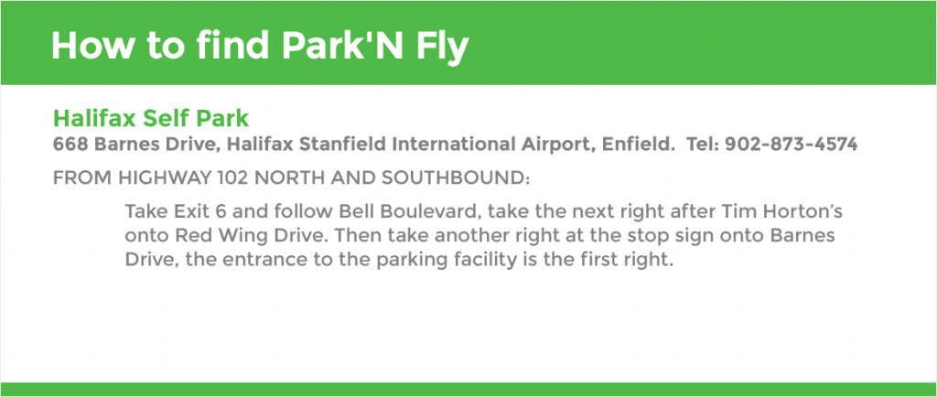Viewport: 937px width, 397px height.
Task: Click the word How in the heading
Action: pyautogui.click(x=91, y=45)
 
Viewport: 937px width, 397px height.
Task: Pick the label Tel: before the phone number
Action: pyautogui.click(x=703, y=144)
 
